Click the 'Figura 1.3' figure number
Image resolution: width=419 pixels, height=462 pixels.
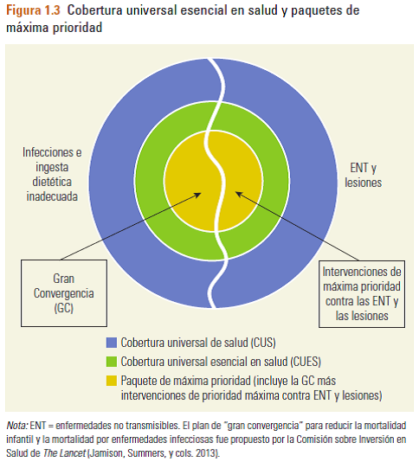click(33, 10)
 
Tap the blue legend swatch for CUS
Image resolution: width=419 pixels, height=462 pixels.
click(112, 343)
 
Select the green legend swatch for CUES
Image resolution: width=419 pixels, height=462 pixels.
click(112, 362)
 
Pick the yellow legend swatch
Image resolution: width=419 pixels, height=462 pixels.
click(112, 381)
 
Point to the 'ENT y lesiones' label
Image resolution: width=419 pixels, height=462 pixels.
click(364, 175)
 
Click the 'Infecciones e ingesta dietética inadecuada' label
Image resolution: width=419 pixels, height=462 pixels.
click(52, 175)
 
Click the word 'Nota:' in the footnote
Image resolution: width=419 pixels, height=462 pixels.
click(17, 426)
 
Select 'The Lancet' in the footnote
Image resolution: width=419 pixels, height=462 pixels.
click(64, 452)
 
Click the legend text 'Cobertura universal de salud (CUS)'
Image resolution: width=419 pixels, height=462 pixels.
click(198, 343)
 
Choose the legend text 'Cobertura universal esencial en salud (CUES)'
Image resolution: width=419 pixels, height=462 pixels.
click(221, 362)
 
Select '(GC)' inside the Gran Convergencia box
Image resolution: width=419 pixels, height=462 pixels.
click(64, 308)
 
